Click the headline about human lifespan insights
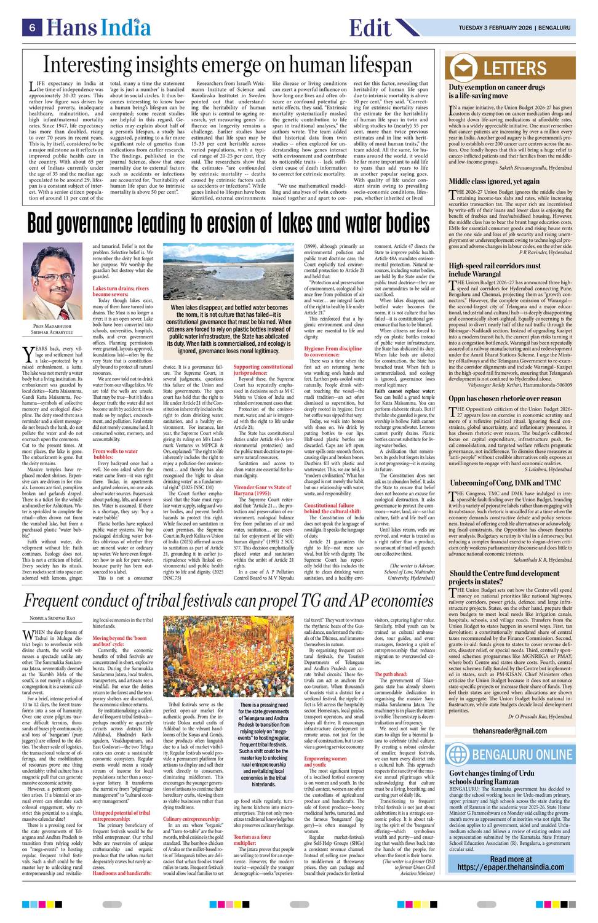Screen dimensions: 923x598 pos(228,65)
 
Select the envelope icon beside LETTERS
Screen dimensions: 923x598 pos(463,68)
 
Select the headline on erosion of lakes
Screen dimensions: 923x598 pos(228,223)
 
